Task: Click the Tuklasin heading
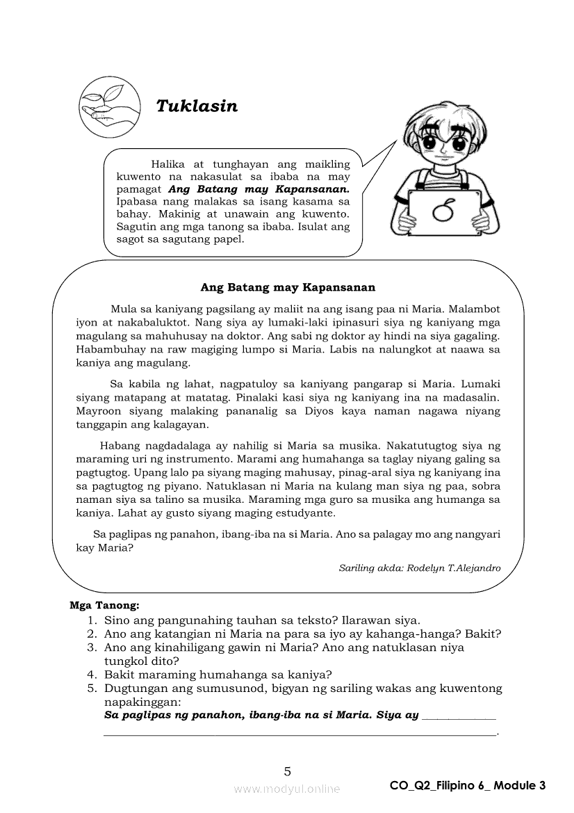(x=197, y=106)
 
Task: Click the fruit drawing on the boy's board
(x=443, y=210)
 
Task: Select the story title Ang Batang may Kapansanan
(x=288, y=287)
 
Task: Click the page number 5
(x=287, y=771)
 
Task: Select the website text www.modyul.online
(x=287, y=789)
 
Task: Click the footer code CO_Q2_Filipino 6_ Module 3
(x=468, y=786)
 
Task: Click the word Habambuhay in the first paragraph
(x=107, y=350)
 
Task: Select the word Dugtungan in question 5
(x=133, y=689)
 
